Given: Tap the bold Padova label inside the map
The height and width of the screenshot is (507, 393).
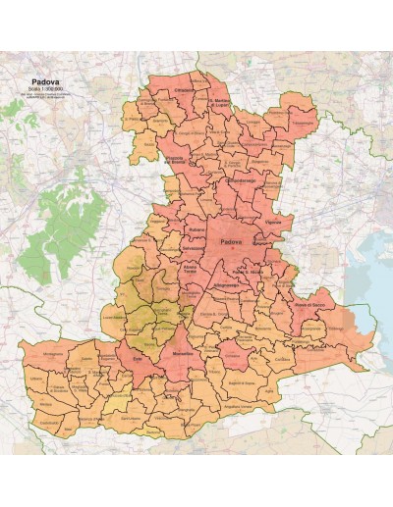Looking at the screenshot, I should tap(233, 242).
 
